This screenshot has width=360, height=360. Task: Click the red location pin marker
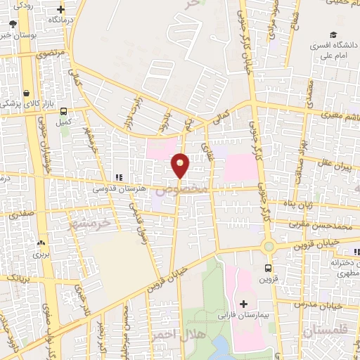point(181,165)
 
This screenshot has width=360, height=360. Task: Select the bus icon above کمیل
point(64,111)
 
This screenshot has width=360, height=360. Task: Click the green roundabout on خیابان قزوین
point(268,246)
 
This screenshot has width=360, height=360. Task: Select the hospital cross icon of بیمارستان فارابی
point(244,304)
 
